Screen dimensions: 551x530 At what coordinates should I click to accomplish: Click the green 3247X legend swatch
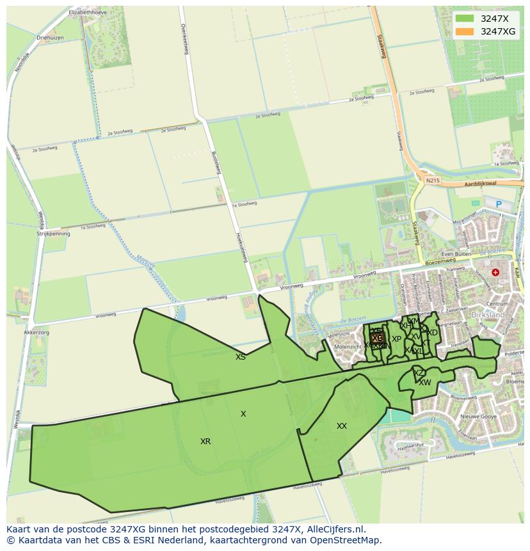coord(465,19)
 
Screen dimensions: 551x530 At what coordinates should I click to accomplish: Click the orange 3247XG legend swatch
coord(465,31)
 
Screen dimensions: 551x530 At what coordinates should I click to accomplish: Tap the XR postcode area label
coord(205,442)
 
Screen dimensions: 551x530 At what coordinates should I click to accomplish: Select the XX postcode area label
coord(342,426)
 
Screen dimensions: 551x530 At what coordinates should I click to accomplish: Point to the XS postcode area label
coord(240,357)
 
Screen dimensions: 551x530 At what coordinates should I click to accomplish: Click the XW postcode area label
coord(425,383)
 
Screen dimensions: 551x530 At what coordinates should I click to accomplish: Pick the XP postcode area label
coord(396,339)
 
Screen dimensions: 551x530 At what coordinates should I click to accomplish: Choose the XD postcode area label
coord(433,333)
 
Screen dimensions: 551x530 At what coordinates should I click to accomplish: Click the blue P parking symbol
coord(499,205)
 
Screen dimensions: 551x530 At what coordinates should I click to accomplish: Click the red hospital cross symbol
coord(495,273)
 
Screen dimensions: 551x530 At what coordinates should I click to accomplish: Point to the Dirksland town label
coord(487,315)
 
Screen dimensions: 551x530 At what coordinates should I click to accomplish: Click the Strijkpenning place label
coord(54,234)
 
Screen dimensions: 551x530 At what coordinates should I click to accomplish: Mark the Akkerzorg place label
coord(36,333)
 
